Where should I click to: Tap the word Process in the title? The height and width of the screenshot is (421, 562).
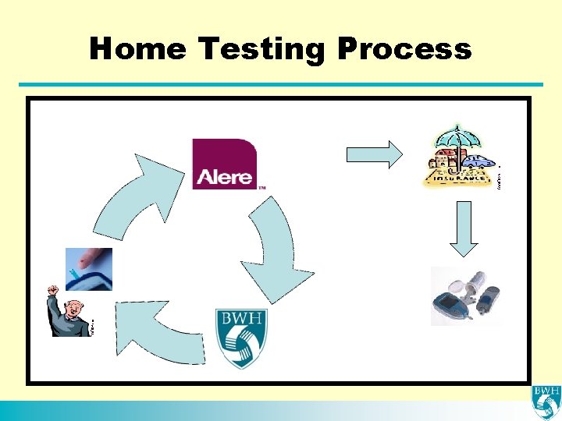(405, 48)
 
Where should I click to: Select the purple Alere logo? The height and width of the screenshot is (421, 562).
(224, 164)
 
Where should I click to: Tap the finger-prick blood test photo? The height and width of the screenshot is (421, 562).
(89, 269)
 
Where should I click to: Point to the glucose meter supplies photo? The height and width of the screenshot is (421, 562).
(466, 295)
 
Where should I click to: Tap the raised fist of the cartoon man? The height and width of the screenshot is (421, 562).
(53, 291)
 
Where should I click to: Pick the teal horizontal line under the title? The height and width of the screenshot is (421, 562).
(281, 85)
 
